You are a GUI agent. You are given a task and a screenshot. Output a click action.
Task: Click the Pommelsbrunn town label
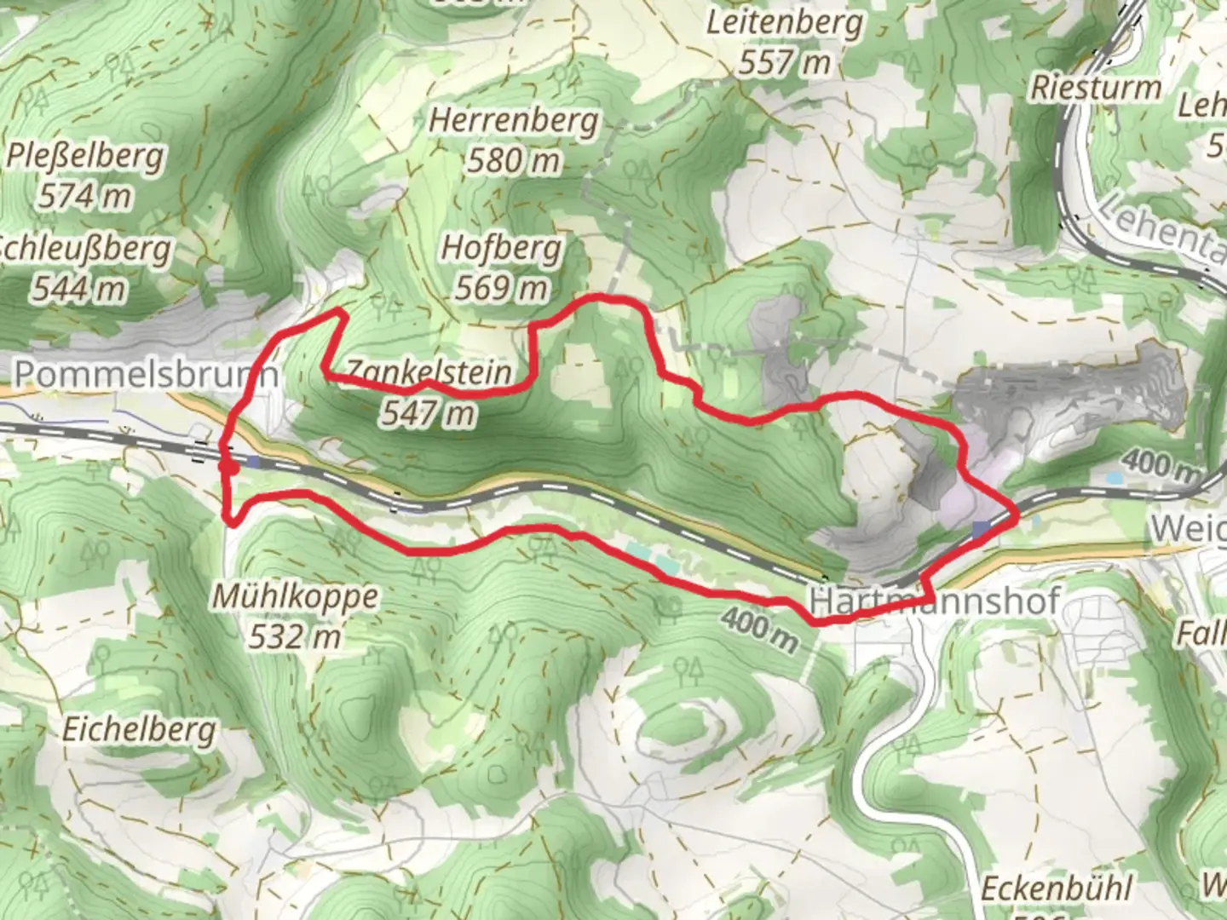(x=147, y=373)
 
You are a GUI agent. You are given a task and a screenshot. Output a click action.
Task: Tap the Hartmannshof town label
(x=935, y=601)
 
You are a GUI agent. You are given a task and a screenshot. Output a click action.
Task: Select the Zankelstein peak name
(x=428, y=372)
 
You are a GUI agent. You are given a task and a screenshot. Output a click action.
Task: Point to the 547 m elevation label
(x=428, y=413)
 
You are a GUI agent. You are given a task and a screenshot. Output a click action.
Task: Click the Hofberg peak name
(x=501, y=248)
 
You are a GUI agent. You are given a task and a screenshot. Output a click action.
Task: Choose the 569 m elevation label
(x=501, y=288)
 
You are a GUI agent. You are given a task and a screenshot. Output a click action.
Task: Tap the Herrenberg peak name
(x=513, y=120)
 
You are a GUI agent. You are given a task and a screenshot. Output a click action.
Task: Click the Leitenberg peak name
(x=784, y=23)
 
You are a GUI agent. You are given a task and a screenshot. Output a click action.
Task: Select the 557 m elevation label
(x=784, y=62)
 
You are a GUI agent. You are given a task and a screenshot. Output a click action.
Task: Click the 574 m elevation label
(x=84, y=196)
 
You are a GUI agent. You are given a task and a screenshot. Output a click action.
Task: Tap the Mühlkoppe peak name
(x=295, y=596)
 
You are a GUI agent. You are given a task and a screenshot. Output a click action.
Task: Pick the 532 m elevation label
(x=295, y=635)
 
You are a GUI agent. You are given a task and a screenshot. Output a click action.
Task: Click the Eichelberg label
(x=139, y=730)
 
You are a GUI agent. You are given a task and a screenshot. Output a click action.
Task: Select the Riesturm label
(x=1096, y=88)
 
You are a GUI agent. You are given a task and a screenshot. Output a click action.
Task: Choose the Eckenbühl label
(x=1057, y=888)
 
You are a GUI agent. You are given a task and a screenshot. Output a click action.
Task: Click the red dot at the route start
(x=228, y=466)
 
